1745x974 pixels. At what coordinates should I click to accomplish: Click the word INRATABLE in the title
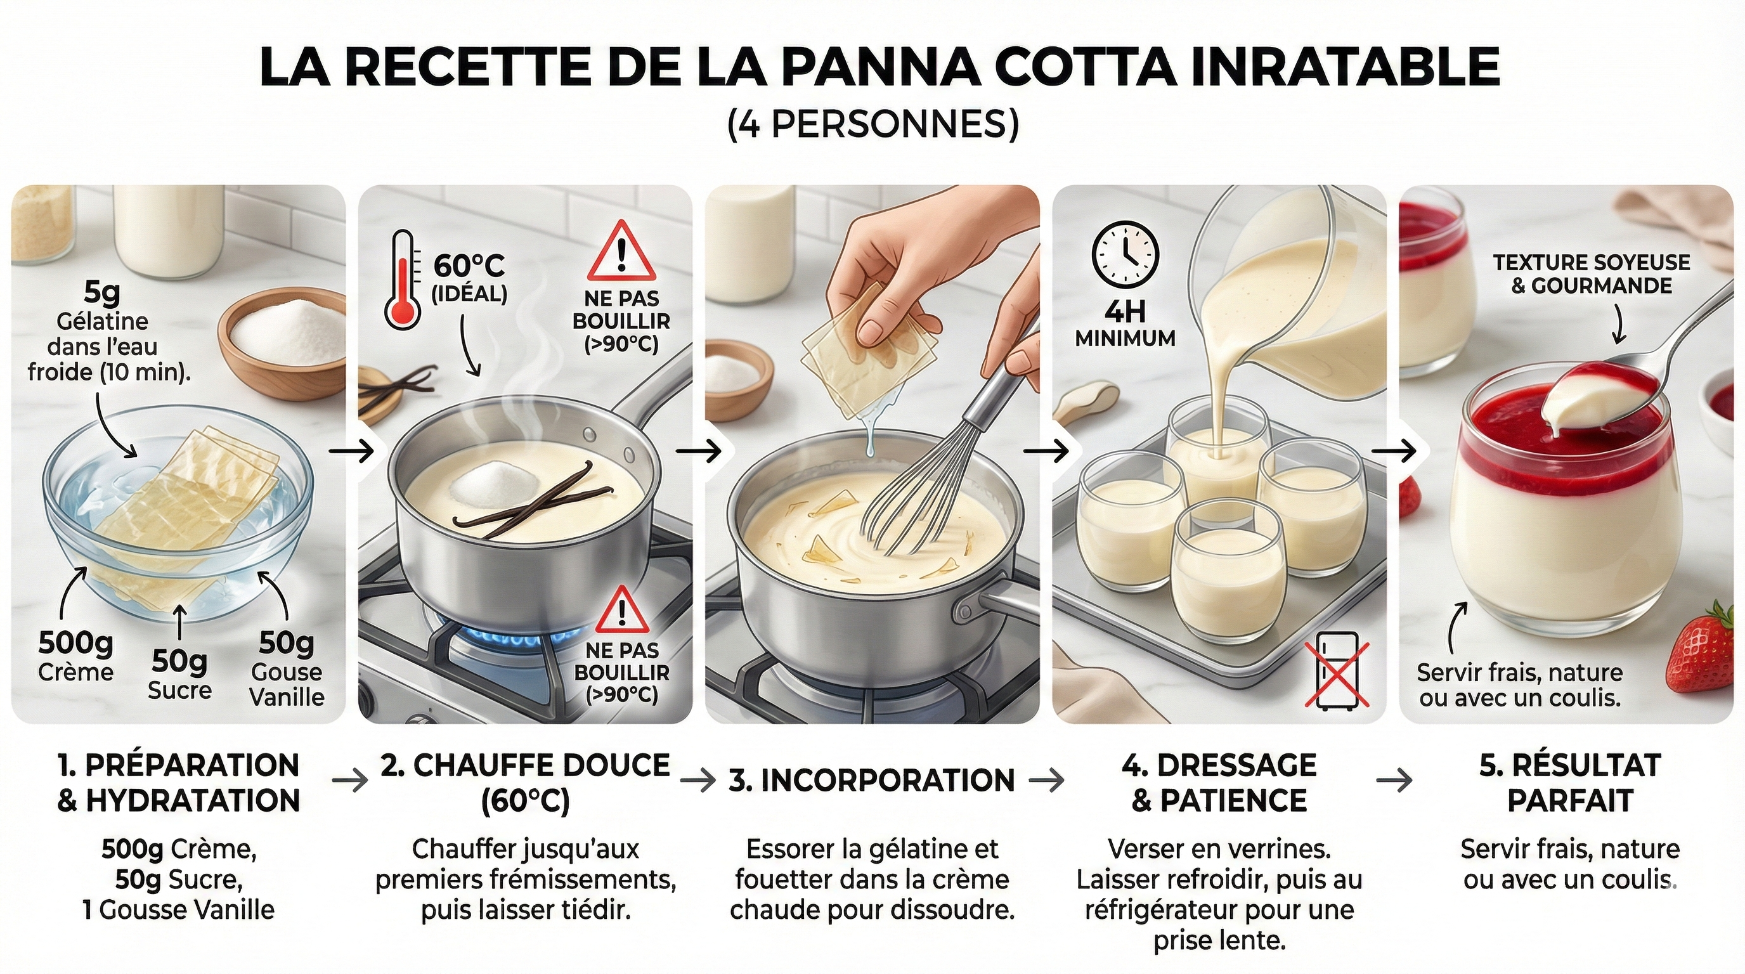point(1345,67)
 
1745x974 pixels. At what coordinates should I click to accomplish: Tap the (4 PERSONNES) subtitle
point(873,125)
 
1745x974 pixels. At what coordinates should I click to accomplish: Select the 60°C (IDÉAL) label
point(469,278)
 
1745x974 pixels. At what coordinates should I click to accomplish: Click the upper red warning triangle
point(621,252)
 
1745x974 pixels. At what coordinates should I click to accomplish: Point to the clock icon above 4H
point(1125,254)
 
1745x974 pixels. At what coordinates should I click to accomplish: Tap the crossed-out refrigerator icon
point(1337,670)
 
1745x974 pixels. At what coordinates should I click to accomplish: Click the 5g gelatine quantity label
point(101,292)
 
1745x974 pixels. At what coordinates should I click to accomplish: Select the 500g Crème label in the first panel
point(75,656)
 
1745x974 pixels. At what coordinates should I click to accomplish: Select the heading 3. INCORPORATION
point(872,781)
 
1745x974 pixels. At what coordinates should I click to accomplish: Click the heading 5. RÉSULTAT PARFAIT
point(1569,782)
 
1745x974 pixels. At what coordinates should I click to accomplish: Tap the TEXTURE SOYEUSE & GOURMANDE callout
point(1591,274)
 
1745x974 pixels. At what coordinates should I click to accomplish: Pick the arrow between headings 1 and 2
point(350,781)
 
